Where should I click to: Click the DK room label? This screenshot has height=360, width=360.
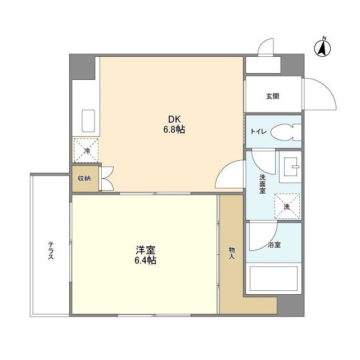tap(174, 119)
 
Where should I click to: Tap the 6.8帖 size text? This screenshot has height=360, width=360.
tap(174, 130)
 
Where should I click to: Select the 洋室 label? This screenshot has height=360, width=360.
tap(146, 250)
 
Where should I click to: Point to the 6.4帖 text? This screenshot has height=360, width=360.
tap(146, 260)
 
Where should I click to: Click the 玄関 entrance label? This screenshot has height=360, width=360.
tap(273, 96)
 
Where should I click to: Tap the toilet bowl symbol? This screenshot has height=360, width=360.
tap(286, 132)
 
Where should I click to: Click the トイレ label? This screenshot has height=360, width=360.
tap(259, 132)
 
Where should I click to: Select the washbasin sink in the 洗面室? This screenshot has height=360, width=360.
tap(291, 166)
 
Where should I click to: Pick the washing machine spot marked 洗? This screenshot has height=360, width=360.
tap(287, 206)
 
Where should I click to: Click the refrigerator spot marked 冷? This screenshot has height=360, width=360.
tap(86, 150)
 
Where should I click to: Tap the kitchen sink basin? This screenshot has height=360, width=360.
tap(88, 121)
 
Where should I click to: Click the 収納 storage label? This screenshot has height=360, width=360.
tap(84, 178)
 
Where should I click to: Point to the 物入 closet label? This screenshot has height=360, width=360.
tap(232, 253)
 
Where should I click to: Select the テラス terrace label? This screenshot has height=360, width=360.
tap(51, 251)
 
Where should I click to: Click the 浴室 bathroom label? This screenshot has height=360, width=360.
tap(274, 245)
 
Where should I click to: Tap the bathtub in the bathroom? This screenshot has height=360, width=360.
tap(273, 278)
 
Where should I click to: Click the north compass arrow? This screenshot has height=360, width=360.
tap(322, 48)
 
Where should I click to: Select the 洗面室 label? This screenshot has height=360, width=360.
tap(263, 184)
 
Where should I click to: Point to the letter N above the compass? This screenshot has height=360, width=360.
tap(324, 38)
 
